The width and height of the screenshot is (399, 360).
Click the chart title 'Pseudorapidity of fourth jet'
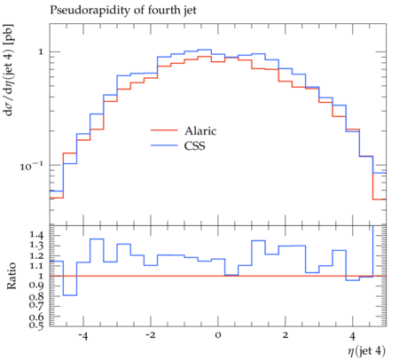tap(122, 11)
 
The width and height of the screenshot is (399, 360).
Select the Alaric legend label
tap(200, 130)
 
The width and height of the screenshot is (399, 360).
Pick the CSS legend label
tap(194, 145)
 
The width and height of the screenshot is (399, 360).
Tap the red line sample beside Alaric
tap(164, 130)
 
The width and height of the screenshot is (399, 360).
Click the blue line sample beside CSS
tap(164, 145)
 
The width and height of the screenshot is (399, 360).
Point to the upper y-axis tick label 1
tap(41, 52)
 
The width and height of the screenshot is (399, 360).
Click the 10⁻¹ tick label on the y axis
tap(31, 166)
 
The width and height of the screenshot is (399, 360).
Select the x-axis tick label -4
tap(83, 336)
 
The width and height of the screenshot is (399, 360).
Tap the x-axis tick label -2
tap(151, 336)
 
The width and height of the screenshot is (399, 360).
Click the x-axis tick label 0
tap(218, 336)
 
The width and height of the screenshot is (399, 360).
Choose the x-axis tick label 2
tap(285, 336)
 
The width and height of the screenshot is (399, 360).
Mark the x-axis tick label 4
tap(352, 336)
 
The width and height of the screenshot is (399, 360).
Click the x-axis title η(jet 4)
tap(366, 351)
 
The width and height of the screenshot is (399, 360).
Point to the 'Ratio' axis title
tap(12, 276)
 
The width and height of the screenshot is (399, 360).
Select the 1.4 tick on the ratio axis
tap(36, 236)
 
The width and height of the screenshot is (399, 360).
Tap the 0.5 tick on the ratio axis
tap(36, 325)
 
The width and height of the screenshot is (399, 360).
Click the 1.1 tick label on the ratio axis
tap(36, 266)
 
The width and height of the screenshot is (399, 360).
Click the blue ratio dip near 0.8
tap(70, 295)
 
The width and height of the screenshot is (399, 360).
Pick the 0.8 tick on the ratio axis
tap(36, 296)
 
